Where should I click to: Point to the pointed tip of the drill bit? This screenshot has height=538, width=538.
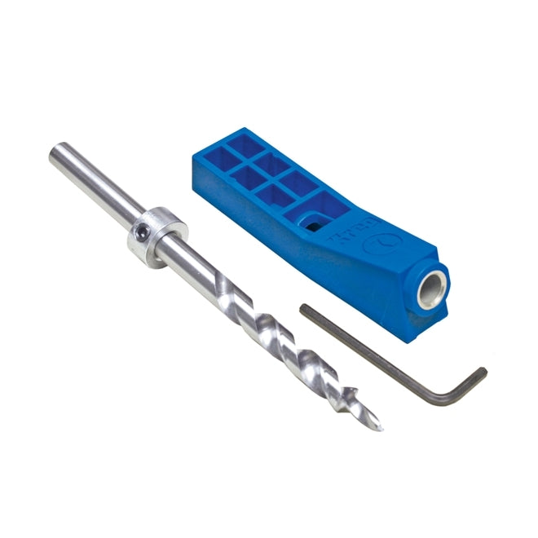(378, 426)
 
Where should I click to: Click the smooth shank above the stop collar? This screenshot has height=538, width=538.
(98, 186)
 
